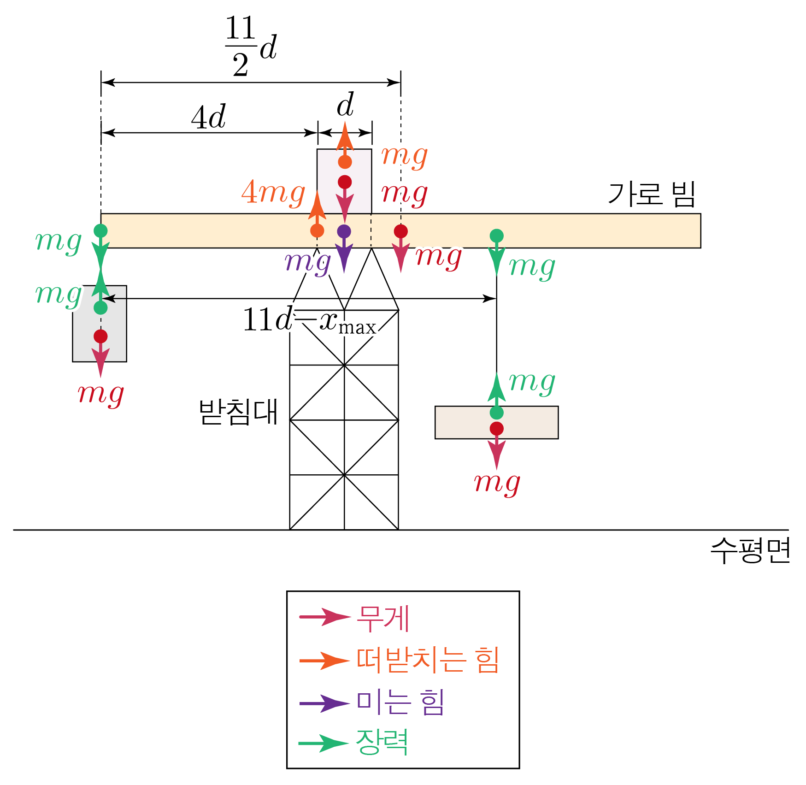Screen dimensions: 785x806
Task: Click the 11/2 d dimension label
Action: click(250, 46)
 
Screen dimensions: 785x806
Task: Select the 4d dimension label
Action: click(209, 117)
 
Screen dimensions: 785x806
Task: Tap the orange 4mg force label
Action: click(273, 193)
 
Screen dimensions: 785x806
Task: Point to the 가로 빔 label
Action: click(651, 194)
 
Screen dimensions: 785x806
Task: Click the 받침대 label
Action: click(238, 412)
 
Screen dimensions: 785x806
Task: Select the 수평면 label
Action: click(750, 550)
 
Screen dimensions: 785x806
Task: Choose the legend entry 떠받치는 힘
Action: click(428, 660)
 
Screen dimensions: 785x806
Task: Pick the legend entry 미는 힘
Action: click(400, 702)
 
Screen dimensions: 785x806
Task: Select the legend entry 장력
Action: click(382, 742)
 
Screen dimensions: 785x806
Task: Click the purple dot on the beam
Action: click(344, 231)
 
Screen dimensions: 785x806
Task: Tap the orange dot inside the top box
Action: click(345, 162)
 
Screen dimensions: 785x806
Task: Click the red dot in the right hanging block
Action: click(496, 428)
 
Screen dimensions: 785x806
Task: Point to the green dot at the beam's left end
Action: click(100, 230)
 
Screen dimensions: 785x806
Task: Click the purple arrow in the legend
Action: click(324, 703)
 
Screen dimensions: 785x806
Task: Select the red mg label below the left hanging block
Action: click(100, 395)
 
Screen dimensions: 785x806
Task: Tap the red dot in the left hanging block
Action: click(100, 336)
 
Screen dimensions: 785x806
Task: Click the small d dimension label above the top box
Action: click(345, 106)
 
